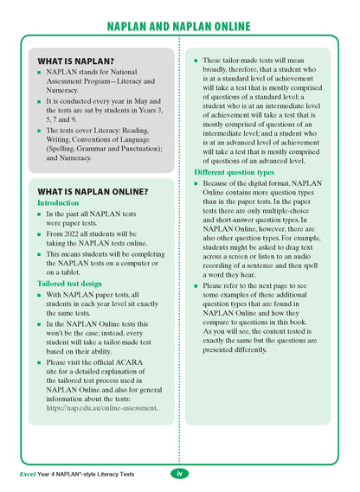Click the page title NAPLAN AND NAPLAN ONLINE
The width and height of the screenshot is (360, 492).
pos(179,26)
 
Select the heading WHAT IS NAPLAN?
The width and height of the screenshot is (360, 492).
pos(76,61)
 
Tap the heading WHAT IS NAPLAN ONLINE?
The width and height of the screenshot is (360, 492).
pos(93,191)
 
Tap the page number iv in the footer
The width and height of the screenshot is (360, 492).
pos(179,472)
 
